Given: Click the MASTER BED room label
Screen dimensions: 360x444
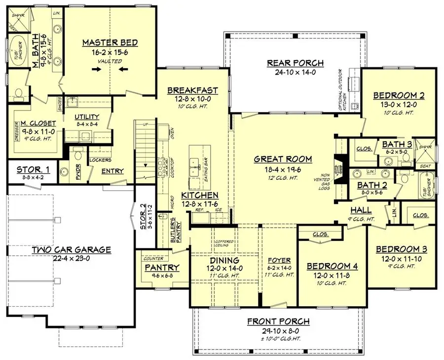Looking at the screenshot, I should coord(110,42).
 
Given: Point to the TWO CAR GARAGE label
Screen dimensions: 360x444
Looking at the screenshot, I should coord(72,249).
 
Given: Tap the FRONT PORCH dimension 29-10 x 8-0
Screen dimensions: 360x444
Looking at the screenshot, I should coord(274,330).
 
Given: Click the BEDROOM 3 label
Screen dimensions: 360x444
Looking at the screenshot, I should coord(398,249).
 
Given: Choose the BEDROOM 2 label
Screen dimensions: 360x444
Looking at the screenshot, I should coord(399,95).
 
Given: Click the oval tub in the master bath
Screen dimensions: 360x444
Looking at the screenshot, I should coord(20,50).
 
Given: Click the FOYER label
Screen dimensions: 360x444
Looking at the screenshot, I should coord(279,260).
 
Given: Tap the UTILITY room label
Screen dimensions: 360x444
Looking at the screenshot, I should coord(87,117).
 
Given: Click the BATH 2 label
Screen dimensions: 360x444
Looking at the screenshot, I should coord(372,185).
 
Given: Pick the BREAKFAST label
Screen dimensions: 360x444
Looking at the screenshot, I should coord(192,90).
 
